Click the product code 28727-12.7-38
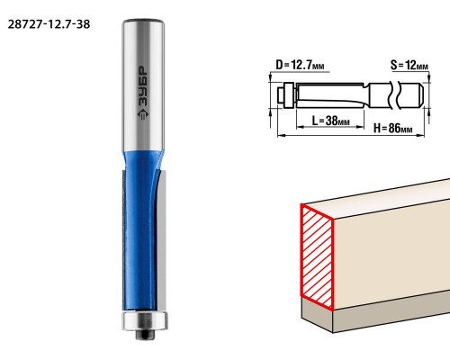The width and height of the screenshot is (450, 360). pos(49,24)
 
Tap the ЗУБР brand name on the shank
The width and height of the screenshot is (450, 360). pos(142,86)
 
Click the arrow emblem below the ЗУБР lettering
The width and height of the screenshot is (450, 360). pos(143,114)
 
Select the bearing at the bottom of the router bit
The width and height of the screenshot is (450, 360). pos(145,321)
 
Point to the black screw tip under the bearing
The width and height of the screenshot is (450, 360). pos(145,335)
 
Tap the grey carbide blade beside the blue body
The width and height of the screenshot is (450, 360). pos(161,240)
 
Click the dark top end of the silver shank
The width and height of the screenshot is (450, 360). pos(143,22)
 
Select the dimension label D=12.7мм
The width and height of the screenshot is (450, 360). pos(300,65)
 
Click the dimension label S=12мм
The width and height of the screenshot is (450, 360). pos(409,65)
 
